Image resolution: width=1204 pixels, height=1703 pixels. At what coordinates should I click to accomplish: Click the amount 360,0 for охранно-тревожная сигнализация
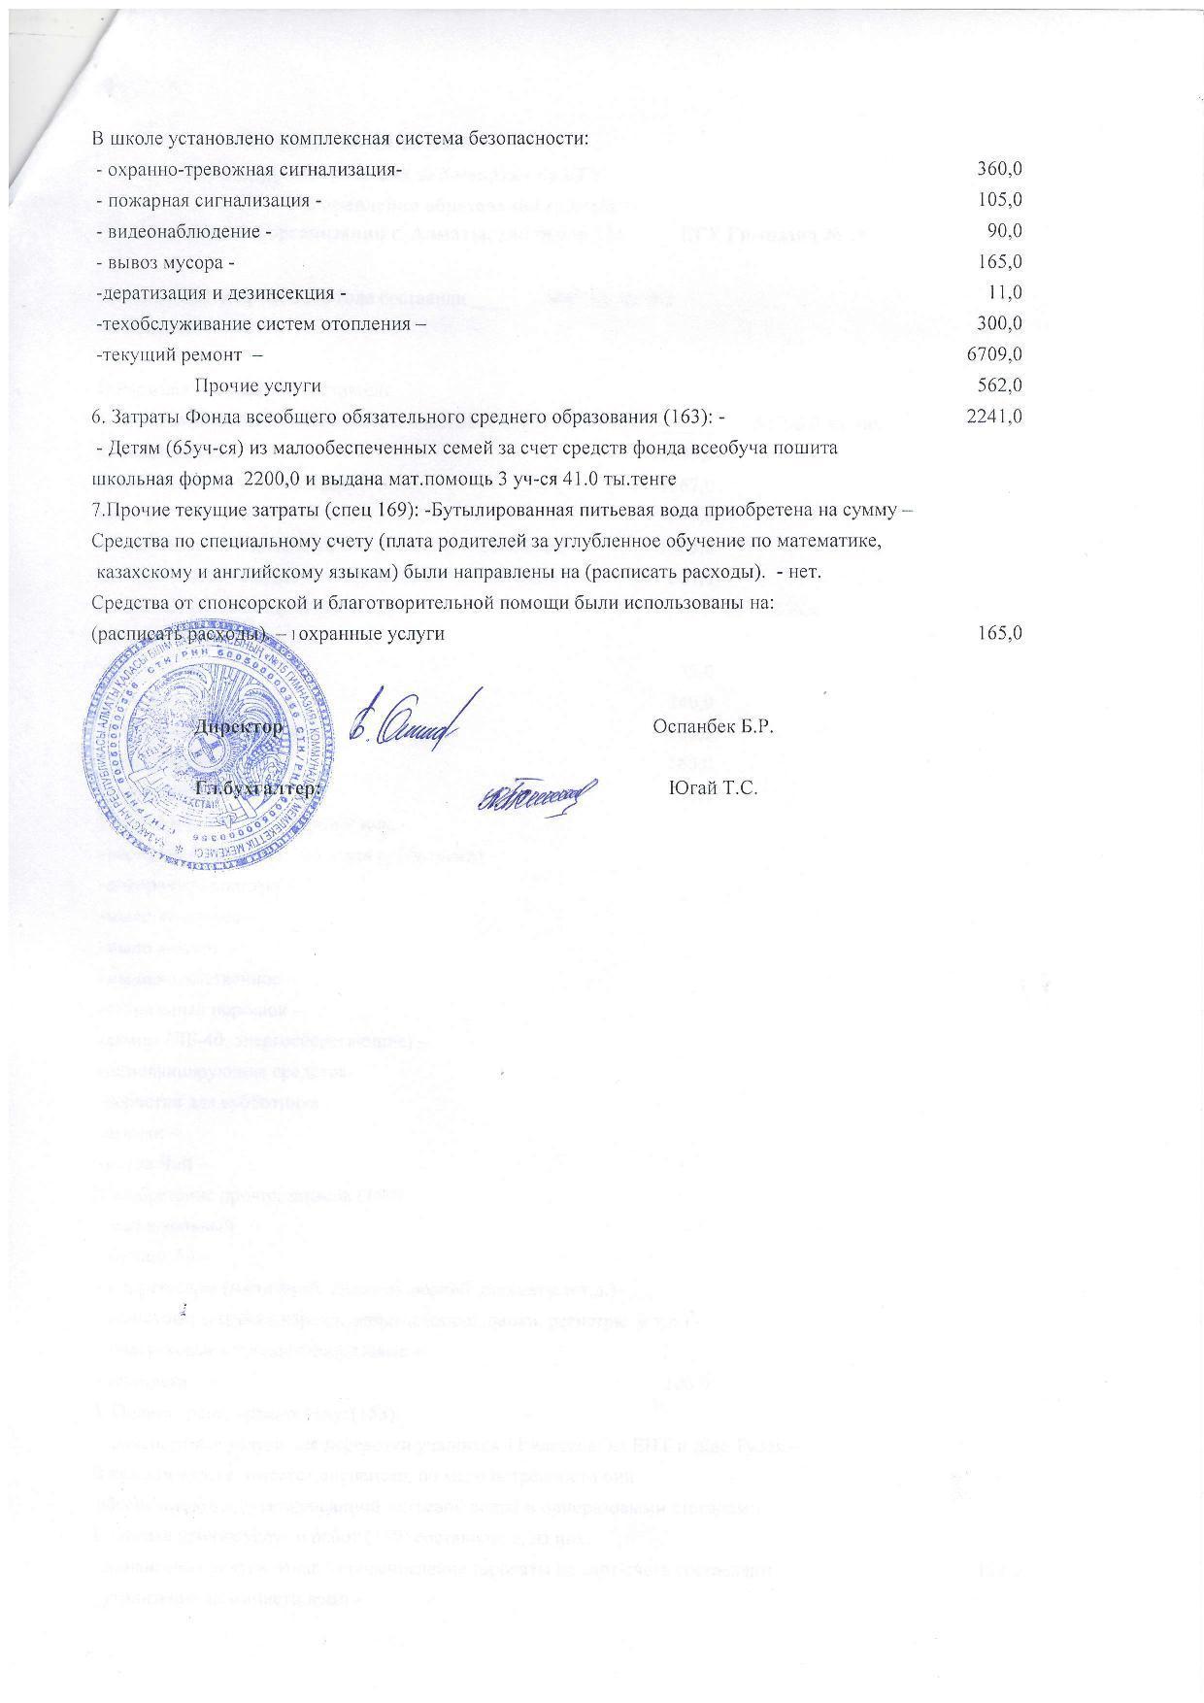click(999, 169)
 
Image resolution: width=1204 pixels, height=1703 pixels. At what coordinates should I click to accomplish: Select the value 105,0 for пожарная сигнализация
click(999, 200)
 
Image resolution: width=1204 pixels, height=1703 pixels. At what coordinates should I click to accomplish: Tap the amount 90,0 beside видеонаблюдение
click(1004, 231)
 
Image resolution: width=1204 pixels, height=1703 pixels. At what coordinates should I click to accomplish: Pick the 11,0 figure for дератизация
click(1006, 292)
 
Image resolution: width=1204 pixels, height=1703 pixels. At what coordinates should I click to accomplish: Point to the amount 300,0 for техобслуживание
click(999, 323)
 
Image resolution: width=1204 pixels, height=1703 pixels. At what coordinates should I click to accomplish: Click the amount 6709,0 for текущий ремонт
click(994, 354)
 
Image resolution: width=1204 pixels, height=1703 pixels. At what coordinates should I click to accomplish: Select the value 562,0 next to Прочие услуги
click(999, 385)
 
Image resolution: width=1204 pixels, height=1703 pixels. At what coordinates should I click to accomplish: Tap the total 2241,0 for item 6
click(994, 417)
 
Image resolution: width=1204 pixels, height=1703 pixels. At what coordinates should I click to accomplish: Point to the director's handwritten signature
click(413, 722)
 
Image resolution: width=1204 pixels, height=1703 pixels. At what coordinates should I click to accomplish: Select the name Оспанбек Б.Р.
click(714, 727)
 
